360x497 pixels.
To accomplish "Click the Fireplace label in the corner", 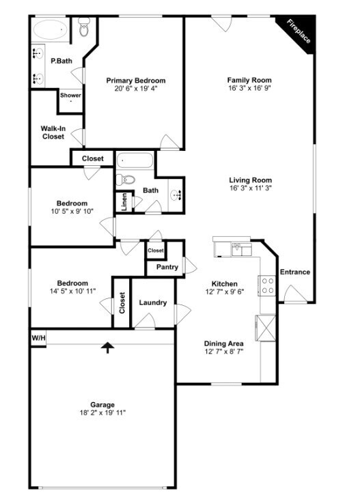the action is [x=299, y=31].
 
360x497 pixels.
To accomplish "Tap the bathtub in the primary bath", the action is [x=51, y=30].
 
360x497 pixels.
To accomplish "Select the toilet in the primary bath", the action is [x=84, y=27].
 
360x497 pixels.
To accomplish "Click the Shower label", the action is [x=70, y=95].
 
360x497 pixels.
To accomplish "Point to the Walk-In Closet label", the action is [x=53, y=132].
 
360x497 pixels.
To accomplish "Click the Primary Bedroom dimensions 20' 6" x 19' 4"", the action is [x=136, y=89].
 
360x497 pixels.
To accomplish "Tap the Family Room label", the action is [x=249, y=80].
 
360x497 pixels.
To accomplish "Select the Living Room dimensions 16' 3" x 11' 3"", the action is [x=251, y=188].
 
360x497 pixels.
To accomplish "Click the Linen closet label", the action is [x=124, y=202].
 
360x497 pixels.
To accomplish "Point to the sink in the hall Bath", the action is [x=176, y=195].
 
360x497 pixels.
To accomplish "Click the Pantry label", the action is [x=167, y=267].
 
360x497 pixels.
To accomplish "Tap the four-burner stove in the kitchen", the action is [x=268, y=285].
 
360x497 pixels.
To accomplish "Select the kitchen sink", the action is [x=241, y=249].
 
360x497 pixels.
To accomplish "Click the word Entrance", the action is [x=295, y=272].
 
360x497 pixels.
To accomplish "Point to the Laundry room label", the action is [x=153, y=302].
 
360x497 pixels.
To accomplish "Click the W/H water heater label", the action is [x=38, y=338].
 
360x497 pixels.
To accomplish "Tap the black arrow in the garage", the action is [x=108, y=347].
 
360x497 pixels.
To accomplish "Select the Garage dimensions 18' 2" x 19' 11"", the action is [x=102, y=412].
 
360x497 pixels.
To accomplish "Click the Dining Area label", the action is [x=223, y=343].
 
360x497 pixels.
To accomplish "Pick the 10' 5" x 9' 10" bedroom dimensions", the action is [x=72, y=211].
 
